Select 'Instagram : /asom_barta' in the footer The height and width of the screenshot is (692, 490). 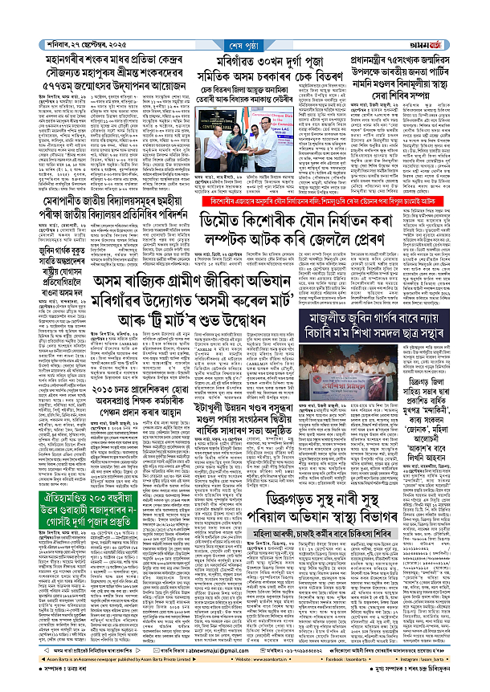click(438, 664)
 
